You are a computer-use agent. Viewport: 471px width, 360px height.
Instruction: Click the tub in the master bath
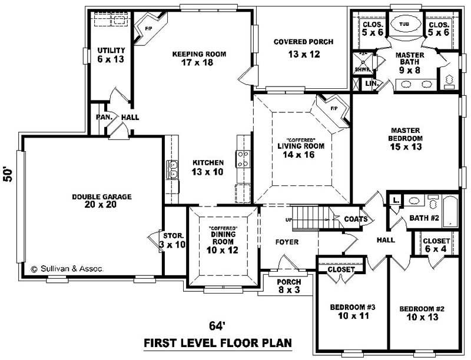[404, 25]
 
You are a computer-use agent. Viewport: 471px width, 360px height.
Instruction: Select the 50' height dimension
[8, 175]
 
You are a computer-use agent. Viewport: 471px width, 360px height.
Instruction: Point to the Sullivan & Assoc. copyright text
[67, 268]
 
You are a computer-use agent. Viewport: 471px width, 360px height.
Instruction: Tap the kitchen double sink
[173, 169]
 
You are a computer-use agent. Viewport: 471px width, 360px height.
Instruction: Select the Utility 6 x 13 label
[110, 55]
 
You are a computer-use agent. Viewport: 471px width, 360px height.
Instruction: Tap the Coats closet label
[357, 220]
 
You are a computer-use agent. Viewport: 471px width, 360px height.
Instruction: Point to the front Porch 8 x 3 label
[288, 286]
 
